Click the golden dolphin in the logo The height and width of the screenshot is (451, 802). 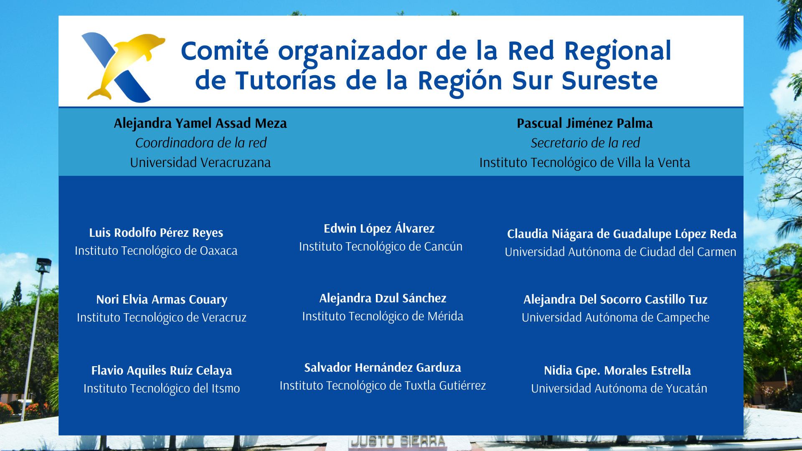click(x=125, y=63)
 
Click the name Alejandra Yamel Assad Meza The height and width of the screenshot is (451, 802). click(x=200, y=123)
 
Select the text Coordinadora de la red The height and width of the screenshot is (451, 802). click(x=201, y=143)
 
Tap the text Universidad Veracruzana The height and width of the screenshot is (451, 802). click(x=200, y=162)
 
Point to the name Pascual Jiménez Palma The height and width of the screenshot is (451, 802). click(x=585, y=123)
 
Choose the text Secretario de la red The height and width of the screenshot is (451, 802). click(x=585, y=143)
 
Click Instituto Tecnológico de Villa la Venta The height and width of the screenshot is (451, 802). click(x=585, y=162)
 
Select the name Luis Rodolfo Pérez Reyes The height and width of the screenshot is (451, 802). click(x=156, y=233)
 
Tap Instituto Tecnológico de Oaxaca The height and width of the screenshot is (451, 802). click(x=156, y=251)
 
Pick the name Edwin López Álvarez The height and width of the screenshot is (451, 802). click(x=379, y=228)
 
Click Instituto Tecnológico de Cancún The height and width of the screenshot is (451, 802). click(x=381, y=246)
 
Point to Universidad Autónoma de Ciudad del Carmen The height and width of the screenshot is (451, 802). click(x=620, y=252)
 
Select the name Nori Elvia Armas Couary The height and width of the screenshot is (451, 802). click(x=162, y=299)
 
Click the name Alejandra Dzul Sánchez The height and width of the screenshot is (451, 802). click(x=383, y=298)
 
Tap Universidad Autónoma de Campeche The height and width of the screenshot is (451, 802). click(x=616, y=317)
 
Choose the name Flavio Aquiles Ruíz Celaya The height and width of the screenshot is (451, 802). click(x=162, y=370)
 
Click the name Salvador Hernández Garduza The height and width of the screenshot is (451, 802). click(x=383, y=367)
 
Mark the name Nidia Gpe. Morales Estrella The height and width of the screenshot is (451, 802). click(x=617, y=370)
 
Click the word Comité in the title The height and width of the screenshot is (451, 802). click(x=225, y=51)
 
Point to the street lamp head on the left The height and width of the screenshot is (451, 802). click(x=44, y=265)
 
